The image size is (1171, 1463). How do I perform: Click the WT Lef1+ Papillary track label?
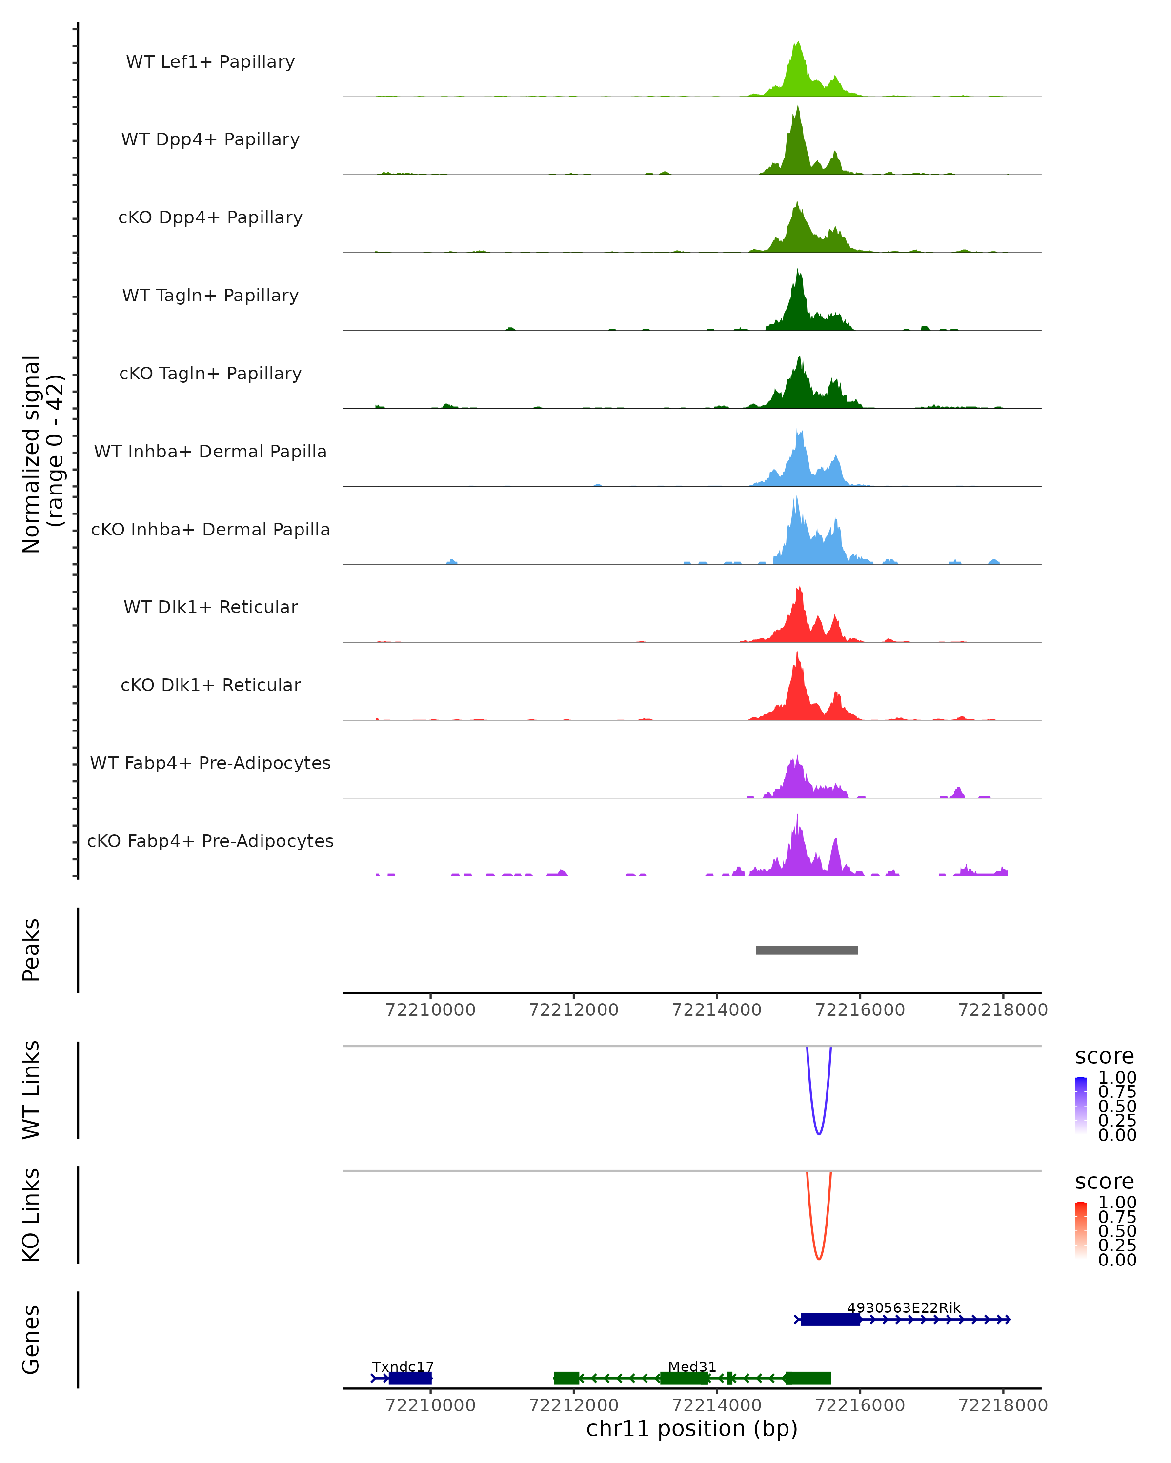click(x=210, y=62)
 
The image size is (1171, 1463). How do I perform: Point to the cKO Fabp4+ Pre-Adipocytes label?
click(x=210, y=841)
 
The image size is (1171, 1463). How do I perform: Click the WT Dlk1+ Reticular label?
click(x=210, y=607)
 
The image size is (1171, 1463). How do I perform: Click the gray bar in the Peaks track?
click(x=807, y=950)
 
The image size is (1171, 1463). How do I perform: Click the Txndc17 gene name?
click(x=403, y=1366)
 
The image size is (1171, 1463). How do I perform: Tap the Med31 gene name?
click(x=692, y=1366)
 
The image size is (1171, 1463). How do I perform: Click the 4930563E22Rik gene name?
click(x=904, y=1307)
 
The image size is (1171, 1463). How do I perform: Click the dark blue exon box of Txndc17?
click(x=410, y=1378)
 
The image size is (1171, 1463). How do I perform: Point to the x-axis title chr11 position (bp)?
click(x=692, y=1428)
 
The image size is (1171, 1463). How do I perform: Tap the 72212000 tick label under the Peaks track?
click(x=574, y=1010)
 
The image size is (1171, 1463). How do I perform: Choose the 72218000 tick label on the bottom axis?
click(x=1003, y=1405)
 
